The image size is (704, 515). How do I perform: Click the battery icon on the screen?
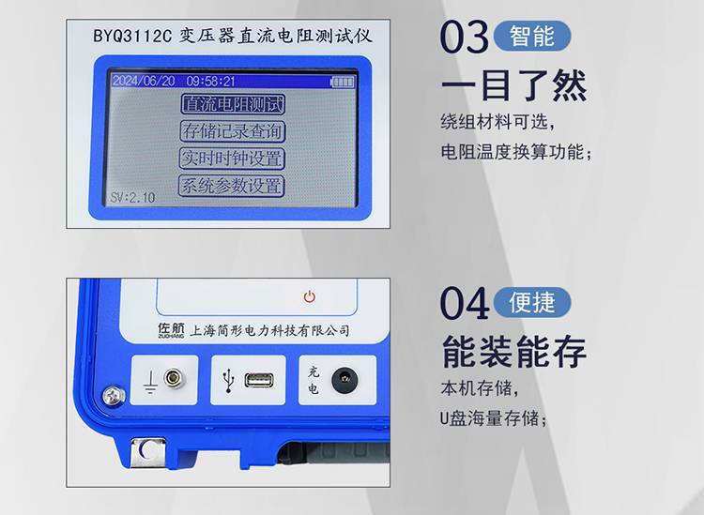pyautogui.click(x=342, y=82)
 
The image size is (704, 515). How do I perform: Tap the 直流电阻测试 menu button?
pyautogui.click(x=233, y=104)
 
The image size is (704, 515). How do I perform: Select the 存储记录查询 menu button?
pyautogui.click(x=233, y=131)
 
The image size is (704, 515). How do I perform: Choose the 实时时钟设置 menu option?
pyautogui.click(x=232, y=159)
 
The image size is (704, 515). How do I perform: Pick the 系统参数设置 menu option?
pyautogui.click(x=232, y=186)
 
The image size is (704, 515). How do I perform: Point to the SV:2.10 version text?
pyautogui.click(x=132, y=197)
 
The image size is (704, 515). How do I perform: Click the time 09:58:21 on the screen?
pyautogui.click(x=210, y=82)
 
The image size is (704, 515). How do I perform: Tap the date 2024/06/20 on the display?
pyautogui.click(x=144, y=81)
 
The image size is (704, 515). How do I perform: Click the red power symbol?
pyautogui.click(x=310, y=296)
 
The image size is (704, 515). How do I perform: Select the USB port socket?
pyautogui.click(x=259, y=381)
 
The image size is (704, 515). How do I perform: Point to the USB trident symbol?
pyautogui.click(x=229, y=381)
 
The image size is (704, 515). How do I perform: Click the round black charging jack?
pyautogui.click(x=344, y=381)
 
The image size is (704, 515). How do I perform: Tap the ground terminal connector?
pyautogui.click(x=175, y=378)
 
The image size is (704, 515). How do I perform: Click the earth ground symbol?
pyautogui.click(x=150, y=382)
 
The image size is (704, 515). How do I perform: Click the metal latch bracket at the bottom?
pyautogui.click(x=147, y=452)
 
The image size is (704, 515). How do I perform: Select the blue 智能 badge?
pyautogui.click(x=532, y=36)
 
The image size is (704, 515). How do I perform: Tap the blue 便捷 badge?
pyautogui.click(x=532, y=302)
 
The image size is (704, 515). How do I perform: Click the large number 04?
pyautogui.click(x=465, y=304)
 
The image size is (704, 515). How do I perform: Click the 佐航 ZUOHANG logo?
pyautogui.click(x=171, y=330)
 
